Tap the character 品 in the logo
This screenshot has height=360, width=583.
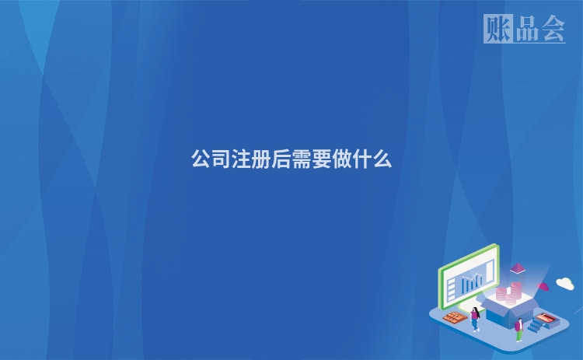pyautogui.click(x=525, y=29)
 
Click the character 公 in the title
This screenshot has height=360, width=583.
pyautogui.click(x=201, y=160)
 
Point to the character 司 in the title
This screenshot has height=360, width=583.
pyautogui.click(x=221, y=160)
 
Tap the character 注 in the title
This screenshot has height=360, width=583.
pyautogui.click(x=241, y=160)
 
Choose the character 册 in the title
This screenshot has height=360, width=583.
pyautogui.click(x=261, y=160)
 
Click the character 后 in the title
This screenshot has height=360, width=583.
pyautogui.click(x=281, y=160)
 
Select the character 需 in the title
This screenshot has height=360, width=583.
pyautogui.click(x=302, y=160)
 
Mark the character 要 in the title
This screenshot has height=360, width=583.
pyautogui.click(x=322, y=160)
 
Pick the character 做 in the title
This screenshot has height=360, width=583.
pyautogui.click(x=342, y=160)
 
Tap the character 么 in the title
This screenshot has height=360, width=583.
pyautogui.click(x=382, y=160)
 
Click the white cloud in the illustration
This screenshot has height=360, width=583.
pyautogui.click(x=565, y=284)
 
